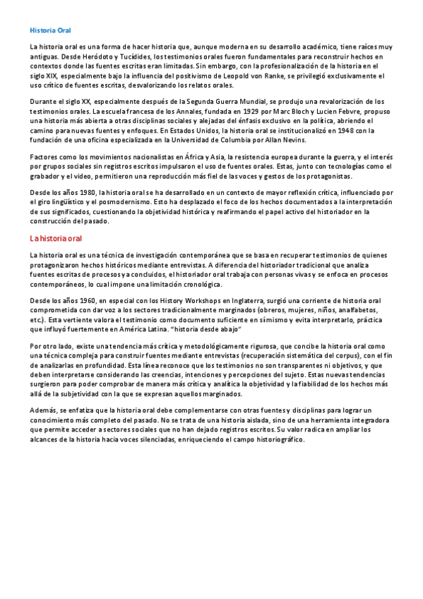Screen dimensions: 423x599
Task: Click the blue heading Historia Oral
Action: coord(51,30)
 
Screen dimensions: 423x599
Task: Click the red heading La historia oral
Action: coord(56,238)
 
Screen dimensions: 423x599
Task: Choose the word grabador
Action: coord(44,176)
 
